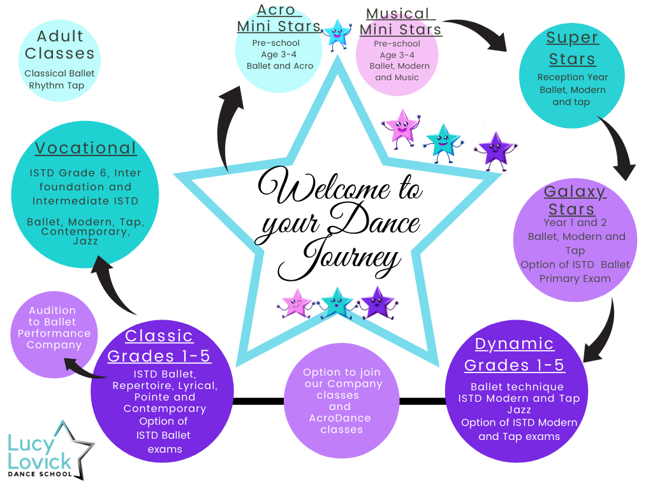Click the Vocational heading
tap(86, 148)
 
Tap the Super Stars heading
tap(572, 48)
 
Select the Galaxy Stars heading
tap(575, 200)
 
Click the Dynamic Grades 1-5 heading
tap(515, 354)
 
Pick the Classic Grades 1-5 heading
tap(159, 346)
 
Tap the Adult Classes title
tap(59, 45)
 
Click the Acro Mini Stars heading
tap(278, 18)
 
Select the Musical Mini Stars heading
tap(400, 22)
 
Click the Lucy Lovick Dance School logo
tap(50, 451)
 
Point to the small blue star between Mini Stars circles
tap(337, 34)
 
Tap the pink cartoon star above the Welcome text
tap(400, 127)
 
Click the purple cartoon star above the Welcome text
tap(495, 150)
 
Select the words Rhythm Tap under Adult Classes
tap(57, 86)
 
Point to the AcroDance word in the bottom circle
tap(340, 418)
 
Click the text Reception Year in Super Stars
tap(573, 77)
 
